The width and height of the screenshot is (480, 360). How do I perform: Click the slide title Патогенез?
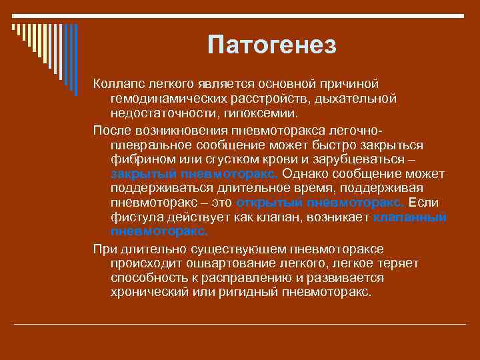pyautogui.click(x=272, y=45)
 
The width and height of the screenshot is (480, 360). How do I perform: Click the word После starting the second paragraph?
pyautogui.click(x=113, y=129)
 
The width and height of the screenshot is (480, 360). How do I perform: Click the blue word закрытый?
pyautogui.click(x=143, y=174)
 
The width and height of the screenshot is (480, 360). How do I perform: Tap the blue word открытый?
pyautogui.click(x=265, y=203)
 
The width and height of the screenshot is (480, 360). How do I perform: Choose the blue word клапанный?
pyautogui.click(x=409, y=217)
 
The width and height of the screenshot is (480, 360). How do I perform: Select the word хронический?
pyautogui.click(x=147, y=293)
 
